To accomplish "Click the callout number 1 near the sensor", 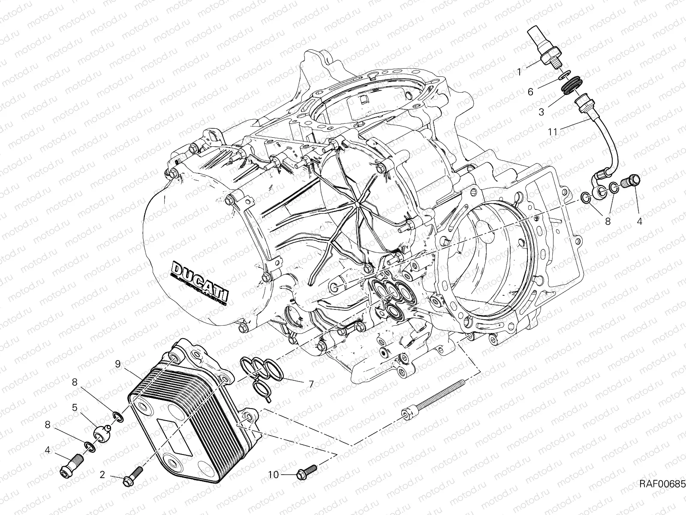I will point(531,72).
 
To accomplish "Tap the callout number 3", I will point(542,112).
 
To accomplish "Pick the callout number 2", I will point(102,474).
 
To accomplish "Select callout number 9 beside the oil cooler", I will point(117,364).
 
